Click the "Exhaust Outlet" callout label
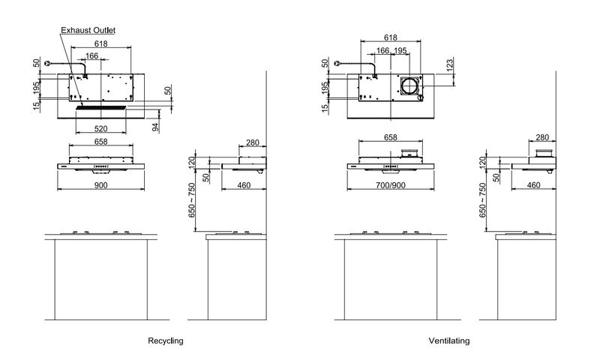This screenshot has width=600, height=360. pos(88,30)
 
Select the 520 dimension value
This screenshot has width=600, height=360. pos(100,128)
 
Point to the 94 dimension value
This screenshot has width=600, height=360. pos(156,127)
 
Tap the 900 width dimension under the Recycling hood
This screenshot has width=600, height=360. pos(100,185)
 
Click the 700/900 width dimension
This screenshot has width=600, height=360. pos(390,185)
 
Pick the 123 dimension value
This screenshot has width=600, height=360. pos(450,64)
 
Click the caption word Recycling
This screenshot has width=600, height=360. pos(166,340)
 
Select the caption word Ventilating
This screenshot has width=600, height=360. pos(449,340)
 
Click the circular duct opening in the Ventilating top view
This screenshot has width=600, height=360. pos(409,85)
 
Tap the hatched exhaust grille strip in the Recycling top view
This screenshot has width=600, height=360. pos(101,108)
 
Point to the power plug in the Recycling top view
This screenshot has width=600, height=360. pos(47,64)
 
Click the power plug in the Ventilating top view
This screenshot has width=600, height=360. pos(337,64)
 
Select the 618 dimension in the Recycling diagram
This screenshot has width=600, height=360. pos(101,43)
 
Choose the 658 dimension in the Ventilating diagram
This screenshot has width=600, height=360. pos(390,137)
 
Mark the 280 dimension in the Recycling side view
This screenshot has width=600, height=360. pos(253,142)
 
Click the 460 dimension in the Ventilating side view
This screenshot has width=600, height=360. pos(533,185)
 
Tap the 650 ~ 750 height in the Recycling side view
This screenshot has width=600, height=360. pos(192,200)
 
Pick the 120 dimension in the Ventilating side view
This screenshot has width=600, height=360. pos(482,163)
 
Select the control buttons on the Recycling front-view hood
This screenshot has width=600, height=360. pos(101,166)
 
